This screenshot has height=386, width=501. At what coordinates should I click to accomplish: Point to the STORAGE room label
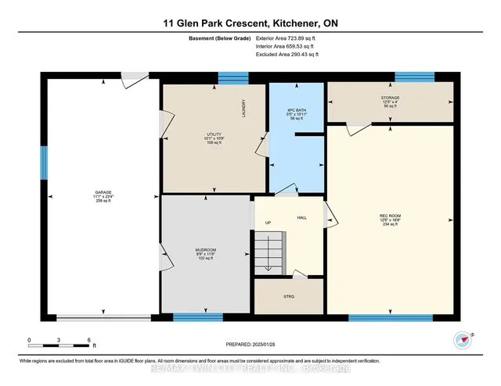(x=390, y=98)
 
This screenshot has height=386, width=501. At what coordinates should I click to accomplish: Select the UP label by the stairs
(x=267, y=222)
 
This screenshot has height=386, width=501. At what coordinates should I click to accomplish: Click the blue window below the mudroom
(x=193, y=316)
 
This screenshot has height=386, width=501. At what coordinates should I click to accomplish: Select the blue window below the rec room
(x=390, y=317)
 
